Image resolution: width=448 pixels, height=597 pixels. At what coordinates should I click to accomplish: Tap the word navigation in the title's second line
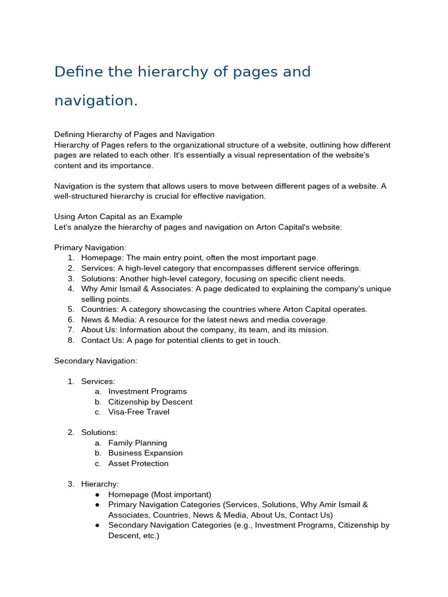click(x=96, y=101)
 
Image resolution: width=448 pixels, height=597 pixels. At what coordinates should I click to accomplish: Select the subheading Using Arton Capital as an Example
click(x=118, y=217)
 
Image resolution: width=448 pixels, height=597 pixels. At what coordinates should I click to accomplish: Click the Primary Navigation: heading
click(x=90, y=248)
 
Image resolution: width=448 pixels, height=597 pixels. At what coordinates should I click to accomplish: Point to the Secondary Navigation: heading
click(x=96, y=361)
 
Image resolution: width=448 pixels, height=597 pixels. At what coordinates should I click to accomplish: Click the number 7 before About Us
click(x=70, y=330)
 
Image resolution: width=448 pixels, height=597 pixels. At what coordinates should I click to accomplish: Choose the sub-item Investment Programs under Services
click(x=147, y=392)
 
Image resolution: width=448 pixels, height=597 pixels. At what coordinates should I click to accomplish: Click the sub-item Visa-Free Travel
click(x=139, y=412)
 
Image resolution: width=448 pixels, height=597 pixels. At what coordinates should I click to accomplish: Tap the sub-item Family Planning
click(x=138, y=443)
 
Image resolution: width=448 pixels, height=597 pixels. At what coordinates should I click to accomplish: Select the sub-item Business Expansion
click(x=145, y=453)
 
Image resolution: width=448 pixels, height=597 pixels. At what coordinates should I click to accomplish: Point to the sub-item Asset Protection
click(x=138, y=463)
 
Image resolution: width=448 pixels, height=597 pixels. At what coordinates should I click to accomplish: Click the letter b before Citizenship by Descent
click(x=97, y=402)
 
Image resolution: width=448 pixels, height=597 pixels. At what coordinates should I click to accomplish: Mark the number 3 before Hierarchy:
click(x=70, y=484)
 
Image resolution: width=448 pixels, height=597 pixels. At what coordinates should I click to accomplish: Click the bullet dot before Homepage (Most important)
click(x=97, y=494)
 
